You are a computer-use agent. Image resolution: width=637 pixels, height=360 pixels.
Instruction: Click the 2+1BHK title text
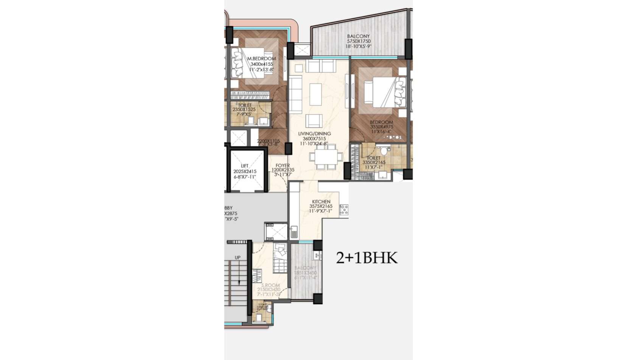367,258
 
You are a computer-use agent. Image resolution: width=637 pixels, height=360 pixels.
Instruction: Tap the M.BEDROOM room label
261,59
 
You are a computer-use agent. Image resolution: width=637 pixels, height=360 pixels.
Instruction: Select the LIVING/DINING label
314,134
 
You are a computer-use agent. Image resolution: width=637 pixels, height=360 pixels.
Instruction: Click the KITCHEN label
321,202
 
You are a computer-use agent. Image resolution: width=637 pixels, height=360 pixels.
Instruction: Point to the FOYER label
283,166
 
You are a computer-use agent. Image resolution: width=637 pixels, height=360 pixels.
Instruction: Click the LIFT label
245,166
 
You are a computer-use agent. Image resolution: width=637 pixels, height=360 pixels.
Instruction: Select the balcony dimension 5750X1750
359,41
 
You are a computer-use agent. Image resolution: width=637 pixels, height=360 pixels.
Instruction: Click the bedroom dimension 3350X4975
382,127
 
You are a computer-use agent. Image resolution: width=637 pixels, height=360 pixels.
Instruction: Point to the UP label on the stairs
238,258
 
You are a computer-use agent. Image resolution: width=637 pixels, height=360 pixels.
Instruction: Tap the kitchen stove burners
344,210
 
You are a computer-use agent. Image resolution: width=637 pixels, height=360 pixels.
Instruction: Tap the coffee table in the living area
315,94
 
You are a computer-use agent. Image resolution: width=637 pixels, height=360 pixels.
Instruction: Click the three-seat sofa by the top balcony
320,66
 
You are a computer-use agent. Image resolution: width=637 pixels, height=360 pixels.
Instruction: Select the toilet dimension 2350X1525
244,110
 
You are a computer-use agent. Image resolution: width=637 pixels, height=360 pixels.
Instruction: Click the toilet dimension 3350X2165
374,163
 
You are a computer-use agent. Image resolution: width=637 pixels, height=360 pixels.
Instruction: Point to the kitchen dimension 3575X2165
321,206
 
